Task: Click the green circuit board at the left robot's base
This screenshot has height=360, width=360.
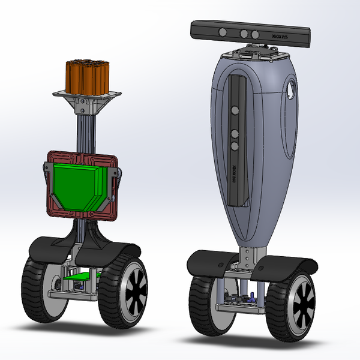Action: [78, 278]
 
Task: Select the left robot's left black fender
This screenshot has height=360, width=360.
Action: [51, 246]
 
